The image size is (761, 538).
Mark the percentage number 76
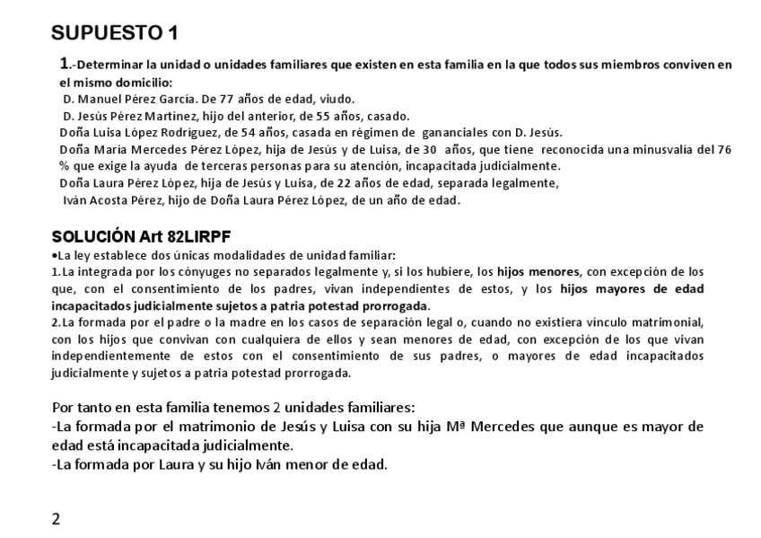click(725, 149)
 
